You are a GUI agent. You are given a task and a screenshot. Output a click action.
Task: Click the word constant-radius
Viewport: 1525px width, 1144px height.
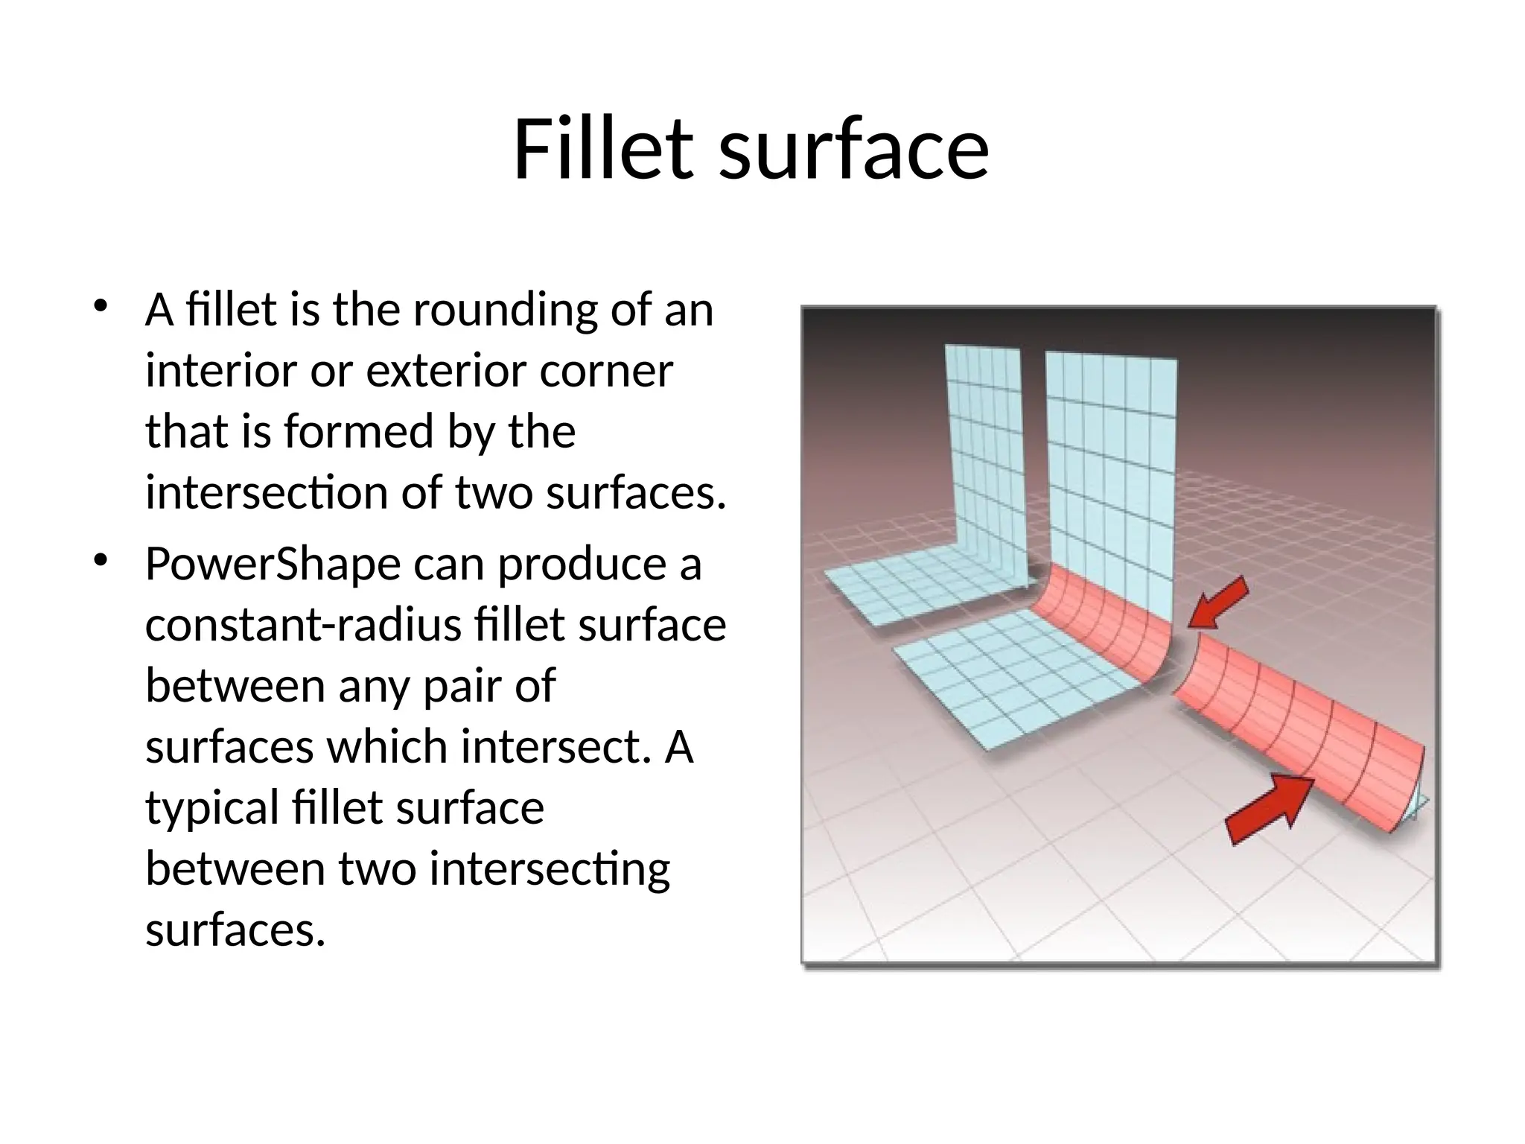[308, 625]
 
